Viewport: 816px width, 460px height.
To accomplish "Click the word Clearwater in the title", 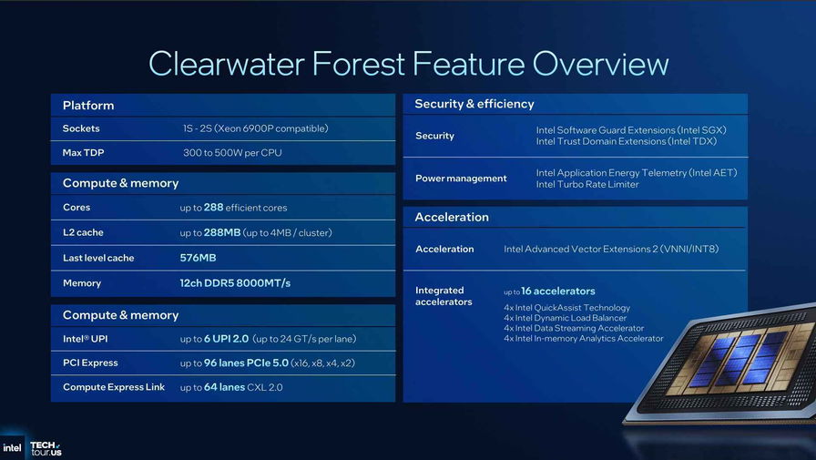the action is [x=227, y=64].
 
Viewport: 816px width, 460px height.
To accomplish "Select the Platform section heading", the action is [x=88, y=106].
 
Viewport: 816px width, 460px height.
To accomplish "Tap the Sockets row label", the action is [x=81, y=128].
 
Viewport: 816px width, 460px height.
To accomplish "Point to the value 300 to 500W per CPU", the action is [x=232, y=153].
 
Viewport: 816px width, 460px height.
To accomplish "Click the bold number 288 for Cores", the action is [x=213, y=207].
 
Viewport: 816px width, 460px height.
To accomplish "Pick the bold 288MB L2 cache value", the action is [x=222, y=232].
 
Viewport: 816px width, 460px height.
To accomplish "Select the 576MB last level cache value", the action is [x=198, y=258].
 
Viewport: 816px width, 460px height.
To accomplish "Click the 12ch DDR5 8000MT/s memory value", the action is [x=235, y=283].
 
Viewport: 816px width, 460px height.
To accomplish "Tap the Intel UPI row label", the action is [x=86, y=339].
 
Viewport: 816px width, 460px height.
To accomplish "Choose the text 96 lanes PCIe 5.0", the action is [x=246, y=363].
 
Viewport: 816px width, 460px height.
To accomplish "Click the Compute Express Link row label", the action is [x=114, y=387].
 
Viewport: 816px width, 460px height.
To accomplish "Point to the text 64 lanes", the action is [x=224, y=387].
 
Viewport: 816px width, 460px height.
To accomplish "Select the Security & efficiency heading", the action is [x=474, y=104].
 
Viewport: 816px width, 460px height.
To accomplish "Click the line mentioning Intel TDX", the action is [x=626, y=141].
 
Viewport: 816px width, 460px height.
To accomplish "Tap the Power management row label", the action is [x=461, y=179].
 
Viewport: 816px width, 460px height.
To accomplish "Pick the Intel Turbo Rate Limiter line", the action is [x=587, y=184].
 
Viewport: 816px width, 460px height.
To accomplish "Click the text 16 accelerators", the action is [x=558, y=291].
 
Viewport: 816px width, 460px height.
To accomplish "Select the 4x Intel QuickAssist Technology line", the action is [x=566, y=308].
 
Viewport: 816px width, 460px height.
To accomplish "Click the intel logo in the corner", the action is [x=12, y=448].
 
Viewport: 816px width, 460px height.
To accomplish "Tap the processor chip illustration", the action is [x=729, y=364].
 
